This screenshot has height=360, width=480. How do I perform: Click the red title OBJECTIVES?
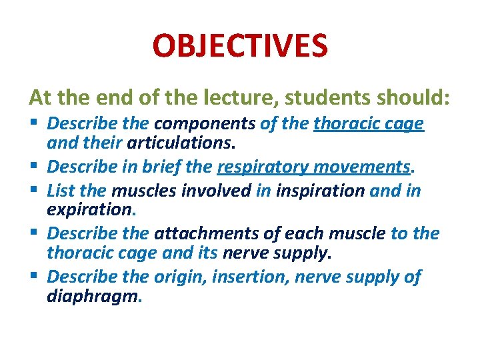pyautogui.click(x=240, y=47)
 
